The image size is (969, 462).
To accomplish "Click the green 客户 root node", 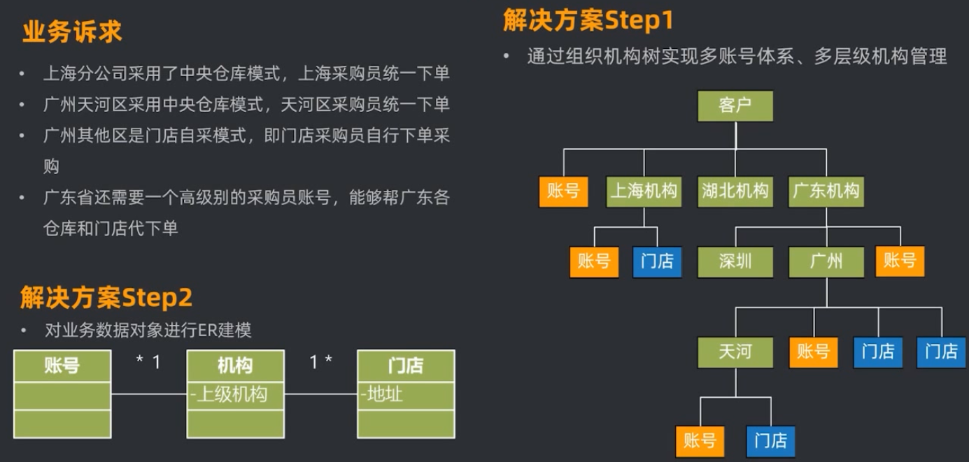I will (x=735, y=107).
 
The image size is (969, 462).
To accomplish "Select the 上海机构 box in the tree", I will (x=644, y=191).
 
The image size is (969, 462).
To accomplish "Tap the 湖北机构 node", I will (x=735, y=191).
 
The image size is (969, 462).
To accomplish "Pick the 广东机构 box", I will (x=826, y=191).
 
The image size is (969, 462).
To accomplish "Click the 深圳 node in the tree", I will (x=735, y=262).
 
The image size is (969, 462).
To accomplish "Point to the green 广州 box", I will (x=826, y=262).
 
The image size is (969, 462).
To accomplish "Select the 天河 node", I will (x=735, y=351).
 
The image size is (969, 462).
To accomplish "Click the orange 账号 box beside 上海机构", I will (x=563, y=191).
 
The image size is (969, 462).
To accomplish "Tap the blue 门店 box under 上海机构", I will (x=657, y=261).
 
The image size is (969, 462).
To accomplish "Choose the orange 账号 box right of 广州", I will (x=900, y=261).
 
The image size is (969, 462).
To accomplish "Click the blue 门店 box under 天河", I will (x=770, y=441).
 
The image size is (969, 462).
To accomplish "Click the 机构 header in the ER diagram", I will (x=235, y=366).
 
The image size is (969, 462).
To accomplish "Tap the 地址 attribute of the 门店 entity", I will (x=383, y=394).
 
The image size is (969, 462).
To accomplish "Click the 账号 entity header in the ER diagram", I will (x=62, y=366).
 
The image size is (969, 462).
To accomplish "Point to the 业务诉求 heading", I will (x=72, y=32).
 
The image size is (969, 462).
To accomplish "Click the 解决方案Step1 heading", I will (x=588, y=20).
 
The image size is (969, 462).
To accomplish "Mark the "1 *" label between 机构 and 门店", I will (x=320, y=362).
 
